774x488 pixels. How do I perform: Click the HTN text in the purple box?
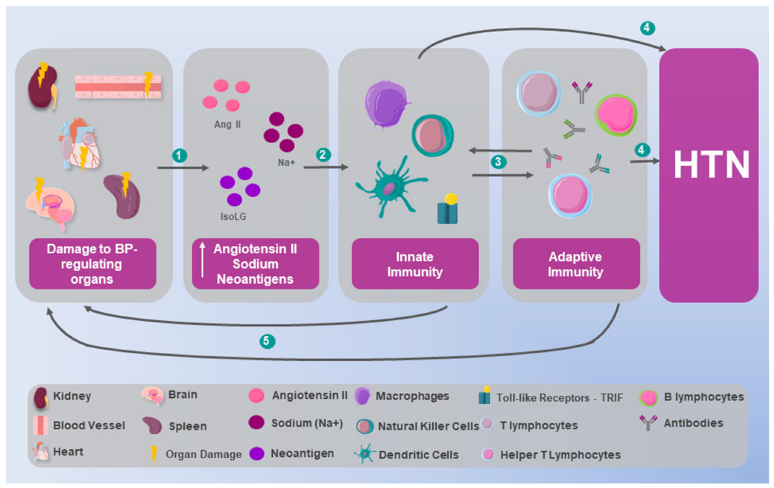click(x=711, y=164)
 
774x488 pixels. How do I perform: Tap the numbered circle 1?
click(x=179, y=155)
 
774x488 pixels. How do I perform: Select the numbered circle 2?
click(x=323, y=155)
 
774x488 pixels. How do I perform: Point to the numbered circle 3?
click(x=498, y=162)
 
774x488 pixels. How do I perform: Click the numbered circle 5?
click(x=267, y=341)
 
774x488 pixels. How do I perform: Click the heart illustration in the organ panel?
click(x=80, y=144)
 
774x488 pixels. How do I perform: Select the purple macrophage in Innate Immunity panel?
click(x=387, y=104)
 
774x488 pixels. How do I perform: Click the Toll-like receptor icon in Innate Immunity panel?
click(x=448, y=209)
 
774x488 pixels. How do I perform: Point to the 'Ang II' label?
click(x=227, y=124)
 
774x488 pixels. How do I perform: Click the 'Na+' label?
click(x=286, y=162)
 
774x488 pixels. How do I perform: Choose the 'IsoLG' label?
click(x=233, y=217)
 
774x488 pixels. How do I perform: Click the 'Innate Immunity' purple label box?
click(x=415, y=264)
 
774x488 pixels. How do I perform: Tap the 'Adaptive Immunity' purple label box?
click(x=576, y=264)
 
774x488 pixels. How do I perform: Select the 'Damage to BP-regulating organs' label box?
click(x=93, y=264)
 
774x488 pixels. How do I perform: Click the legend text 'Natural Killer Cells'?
click(x=428, y=426)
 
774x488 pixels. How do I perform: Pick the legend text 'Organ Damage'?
click(x=204, y=454)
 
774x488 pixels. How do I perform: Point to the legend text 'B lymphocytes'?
click(x=704, y=397)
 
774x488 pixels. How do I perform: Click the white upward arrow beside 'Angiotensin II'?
click(x=202, y=260)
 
